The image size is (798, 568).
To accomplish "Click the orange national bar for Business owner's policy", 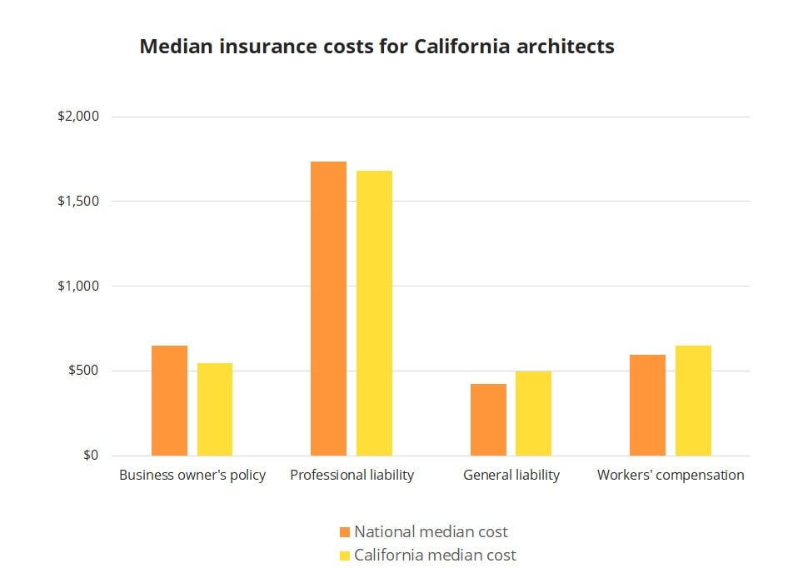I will tap(169, 401).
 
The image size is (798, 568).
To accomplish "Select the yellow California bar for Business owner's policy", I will tap(215, 410).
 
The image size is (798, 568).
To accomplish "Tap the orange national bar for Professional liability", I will tap(328, 308).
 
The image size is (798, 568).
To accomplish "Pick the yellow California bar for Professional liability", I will tap(374, 313).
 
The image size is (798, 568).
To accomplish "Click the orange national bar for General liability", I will tap(488, 420).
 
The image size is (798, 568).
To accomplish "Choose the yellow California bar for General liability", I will tap(533, 413).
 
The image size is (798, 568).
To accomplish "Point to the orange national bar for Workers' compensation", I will tap(647, 406).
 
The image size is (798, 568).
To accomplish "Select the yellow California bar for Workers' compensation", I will tap(693, 401).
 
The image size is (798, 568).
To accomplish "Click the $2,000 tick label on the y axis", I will tap(78, 117).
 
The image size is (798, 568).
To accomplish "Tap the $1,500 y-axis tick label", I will tap(78, 202).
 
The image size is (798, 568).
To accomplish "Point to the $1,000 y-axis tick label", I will tap(78, 286).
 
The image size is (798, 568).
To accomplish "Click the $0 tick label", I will tap(90, 456).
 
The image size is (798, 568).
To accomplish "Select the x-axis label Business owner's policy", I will tap(192, 476).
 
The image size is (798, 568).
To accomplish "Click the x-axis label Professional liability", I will tap(352, 476).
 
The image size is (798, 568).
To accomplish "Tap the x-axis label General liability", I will tap(511, 476).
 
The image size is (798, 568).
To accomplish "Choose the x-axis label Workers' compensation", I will tap(671, 476).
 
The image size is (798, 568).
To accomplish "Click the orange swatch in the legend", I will tap(345, 532).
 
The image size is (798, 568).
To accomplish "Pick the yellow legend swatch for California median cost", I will tap(345, 556).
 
